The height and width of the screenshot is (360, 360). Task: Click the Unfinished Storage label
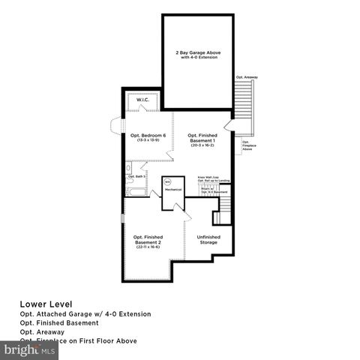pyautogui.click(x=208, y=240)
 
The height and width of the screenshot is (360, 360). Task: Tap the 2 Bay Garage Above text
pyautogui.click(x=198, y=52)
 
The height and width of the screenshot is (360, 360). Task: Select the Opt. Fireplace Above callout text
pyautogui.click(x=246, y=145)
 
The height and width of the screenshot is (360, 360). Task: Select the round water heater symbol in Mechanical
pyautogui.click(x=168, y=182)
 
